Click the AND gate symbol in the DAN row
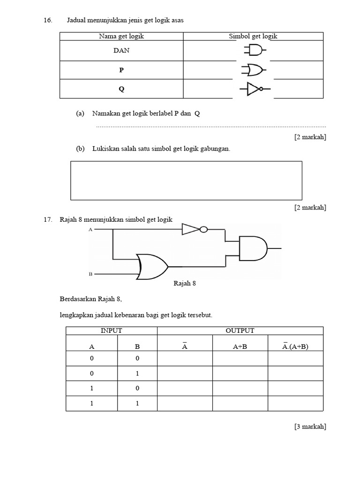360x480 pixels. (254, 50)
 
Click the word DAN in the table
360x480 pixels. (121, 51)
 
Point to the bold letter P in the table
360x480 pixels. (121, 70)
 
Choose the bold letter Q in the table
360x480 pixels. (121, 89)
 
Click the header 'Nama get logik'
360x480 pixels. (121, 37)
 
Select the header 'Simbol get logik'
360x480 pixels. (253, 37)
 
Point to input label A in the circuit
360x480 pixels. (90, 230)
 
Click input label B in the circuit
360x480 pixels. (90, 274)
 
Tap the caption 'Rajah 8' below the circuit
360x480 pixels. (185, 284)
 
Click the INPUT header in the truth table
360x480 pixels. (112, 330)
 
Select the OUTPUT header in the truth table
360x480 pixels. (240, 330)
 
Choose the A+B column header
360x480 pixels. (240, 347)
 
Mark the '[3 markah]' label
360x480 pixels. (310, 426)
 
